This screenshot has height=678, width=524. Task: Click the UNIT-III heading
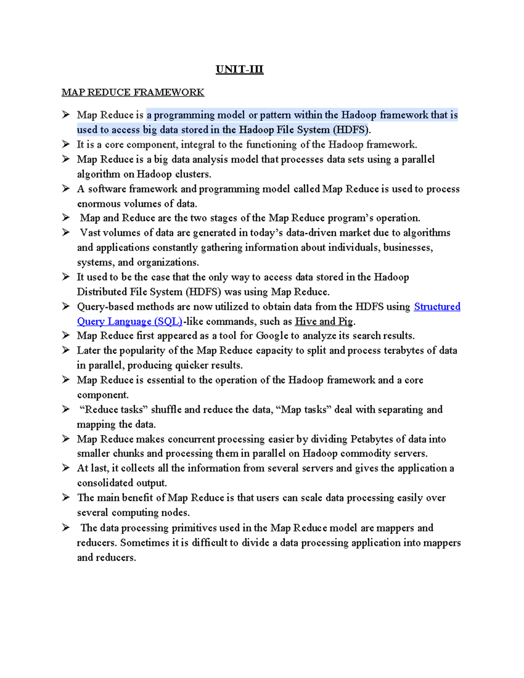(239, 69)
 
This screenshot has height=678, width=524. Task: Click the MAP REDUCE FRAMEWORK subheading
(133, 92)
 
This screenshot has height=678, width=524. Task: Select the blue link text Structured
(437, 306)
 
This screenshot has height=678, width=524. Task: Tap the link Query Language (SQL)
(130, 321)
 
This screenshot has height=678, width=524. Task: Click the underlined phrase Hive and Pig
(324, 321)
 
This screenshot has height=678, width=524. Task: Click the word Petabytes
(372, 439)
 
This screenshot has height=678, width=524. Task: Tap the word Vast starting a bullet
(90, 233)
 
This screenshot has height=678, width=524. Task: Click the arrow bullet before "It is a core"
(66, 144)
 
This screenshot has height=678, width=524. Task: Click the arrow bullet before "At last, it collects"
(66, 468)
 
